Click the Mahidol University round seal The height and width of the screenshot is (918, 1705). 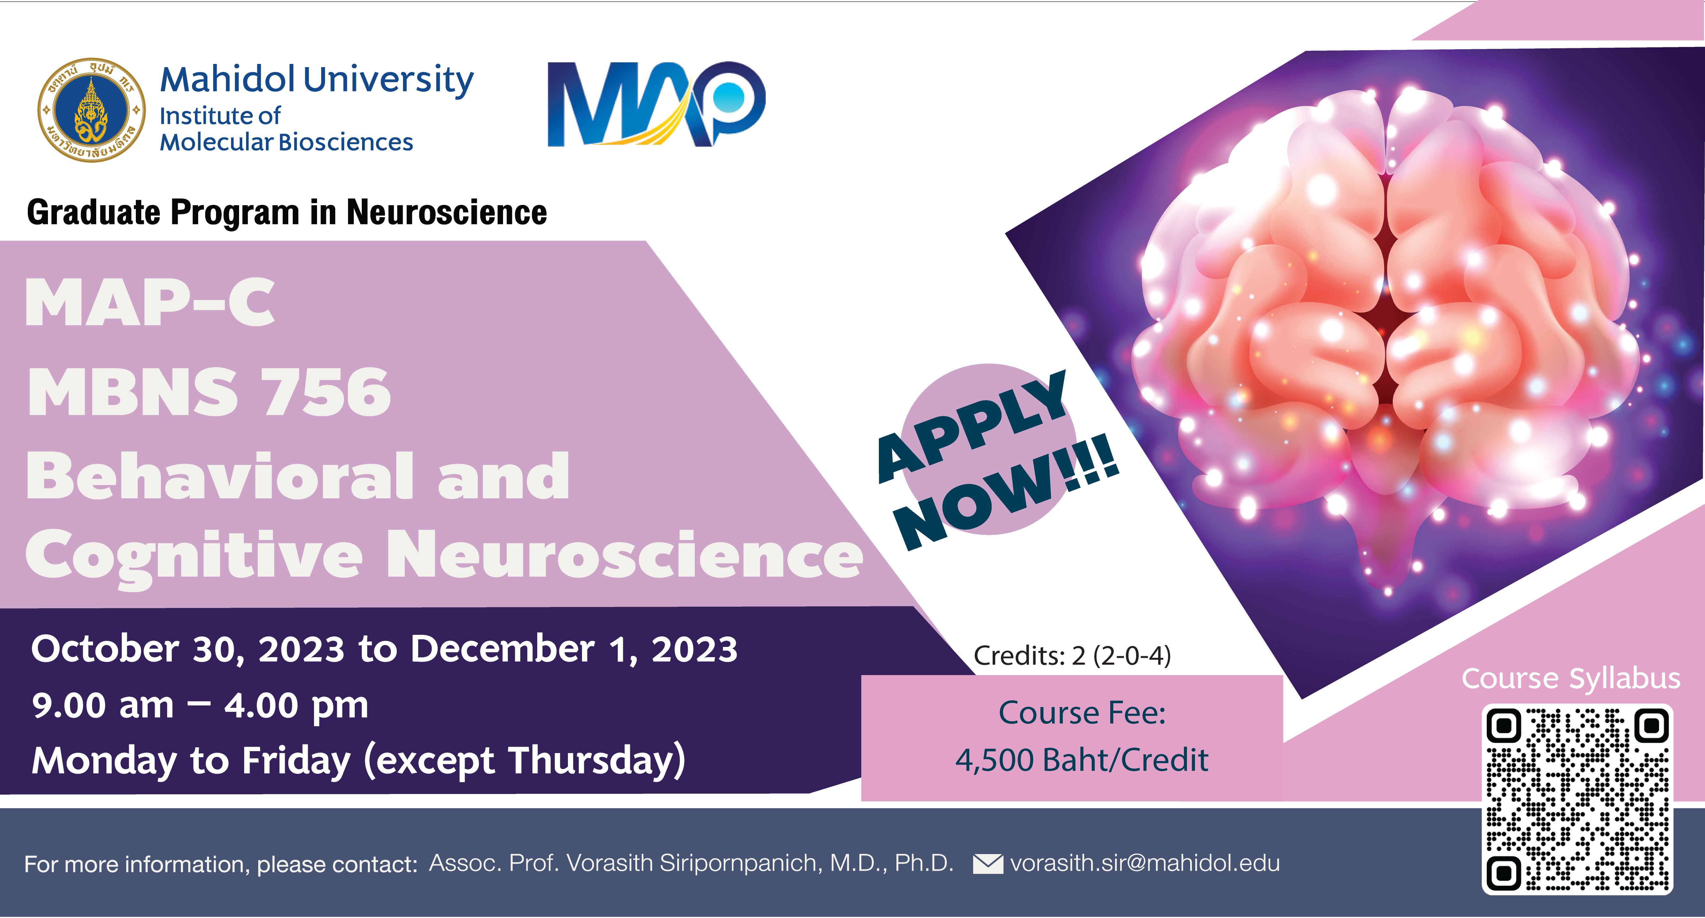coord(91,110)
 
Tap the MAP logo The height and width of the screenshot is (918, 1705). coord(656,104)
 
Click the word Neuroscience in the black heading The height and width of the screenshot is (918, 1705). coord(447,213)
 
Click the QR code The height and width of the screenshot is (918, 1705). coord(1577,799)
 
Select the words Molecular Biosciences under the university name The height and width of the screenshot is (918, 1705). coord(287,142)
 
